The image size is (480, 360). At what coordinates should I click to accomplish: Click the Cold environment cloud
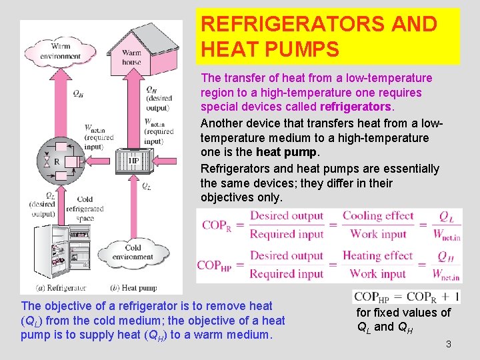132,252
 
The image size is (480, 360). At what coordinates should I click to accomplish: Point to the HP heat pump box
133,161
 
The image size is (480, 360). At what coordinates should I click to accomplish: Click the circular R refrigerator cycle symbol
57,160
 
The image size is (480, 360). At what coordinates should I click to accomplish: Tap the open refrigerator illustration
61,251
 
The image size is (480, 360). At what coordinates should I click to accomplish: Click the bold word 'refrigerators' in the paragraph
355,107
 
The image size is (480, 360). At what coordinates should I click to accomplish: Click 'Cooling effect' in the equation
378,215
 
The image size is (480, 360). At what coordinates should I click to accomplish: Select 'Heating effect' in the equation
378,255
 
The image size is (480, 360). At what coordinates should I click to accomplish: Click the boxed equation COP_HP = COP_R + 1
405,297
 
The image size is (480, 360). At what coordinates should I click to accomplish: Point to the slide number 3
448,344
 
